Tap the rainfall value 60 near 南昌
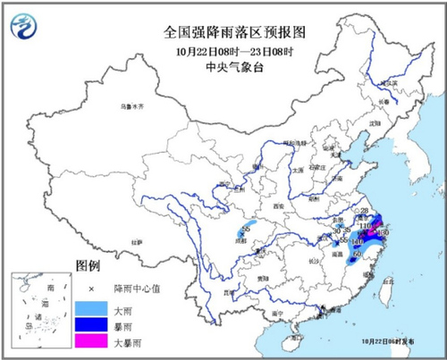(x=358, y=255)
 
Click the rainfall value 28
(x=364, y=211)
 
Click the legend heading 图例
(x=88, y=267)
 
